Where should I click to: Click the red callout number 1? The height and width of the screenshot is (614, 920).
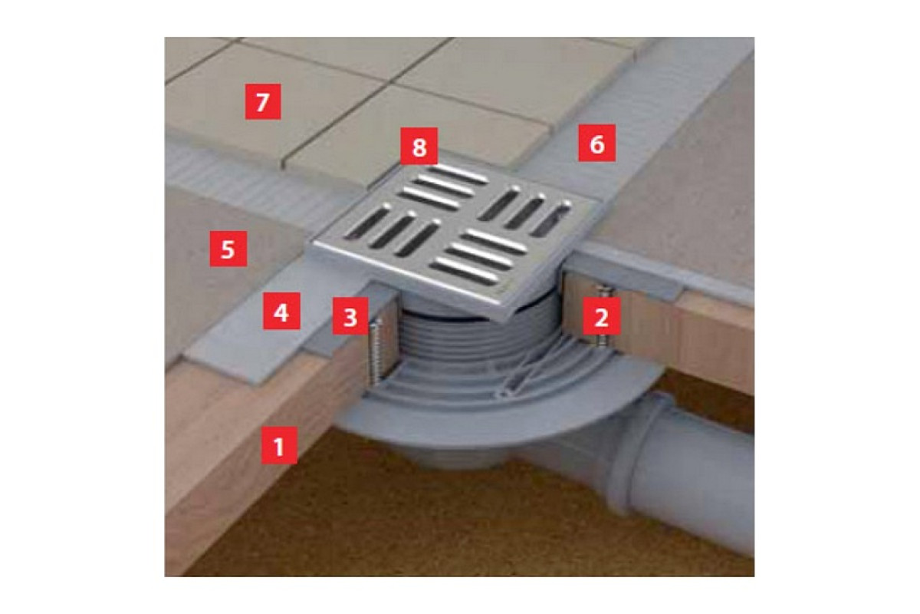pyautogui.click(x=279, y=446)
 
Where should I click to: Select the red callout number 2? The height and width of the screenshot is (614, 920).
pyautogui.click(x=602, y=316)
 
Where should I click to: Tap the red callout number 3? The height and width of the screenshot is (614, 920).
pyautogui.click(x=350, y=316)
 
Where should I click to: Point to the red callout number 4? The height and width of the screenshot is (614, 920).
pyautogui.click(x=281, y=312)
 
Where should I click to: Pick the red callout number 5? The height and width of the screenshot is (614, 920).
pyautogui.click(x=228, y=249)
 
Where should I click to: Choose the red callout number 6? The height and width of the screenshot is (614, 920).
pyautogui.click(x=596, y=143)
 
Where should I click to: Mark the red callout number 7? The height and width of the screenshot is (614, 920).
pyautogui.click(x=263, y=101)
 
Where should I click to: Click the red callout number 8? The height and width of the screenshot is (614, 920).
pyautogui.click(x=419, y=146)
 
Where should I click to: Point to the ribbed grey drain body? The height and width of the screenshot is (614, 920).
pyautogui.click(x=464, y=333)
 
